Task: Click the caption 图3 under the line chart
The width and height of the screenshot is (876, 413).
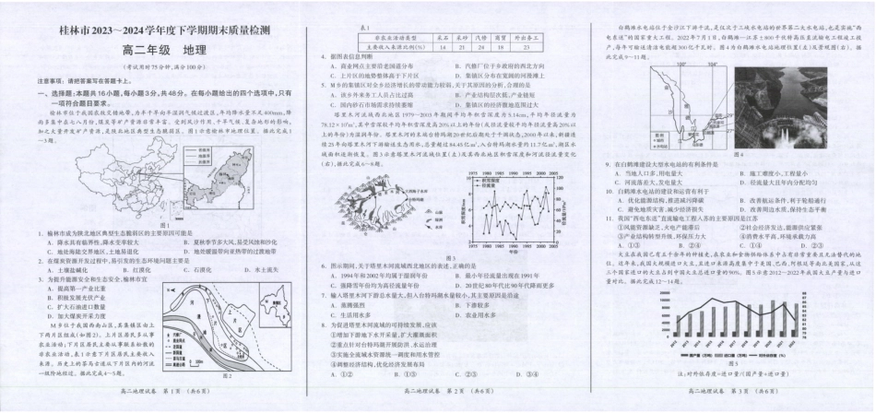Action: click(x=448, y=256)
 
